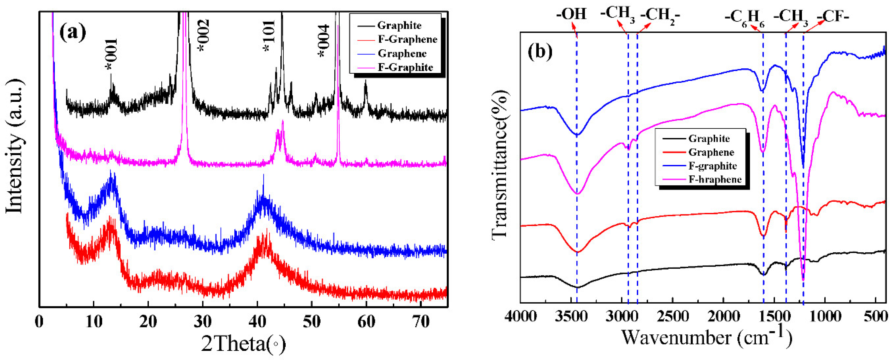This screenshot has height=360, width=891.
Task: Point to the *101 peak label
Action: click(269, 36)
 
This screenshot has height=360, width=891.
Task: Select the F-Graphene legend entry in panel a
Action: click(407, 39)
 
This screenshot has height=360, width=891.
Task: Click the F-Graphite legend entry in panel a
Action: click(405, 67)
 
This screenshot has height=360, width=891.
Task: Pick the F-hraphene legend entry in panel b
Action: click(715, 179)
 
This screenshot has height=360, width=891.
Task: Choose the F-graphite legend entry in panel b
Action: click(713, 166)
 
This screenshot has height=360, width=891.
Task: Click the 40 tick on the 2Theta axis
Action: click(257, 322)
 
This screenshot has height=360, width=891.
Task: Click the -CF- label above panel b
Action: click(832, 16)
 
